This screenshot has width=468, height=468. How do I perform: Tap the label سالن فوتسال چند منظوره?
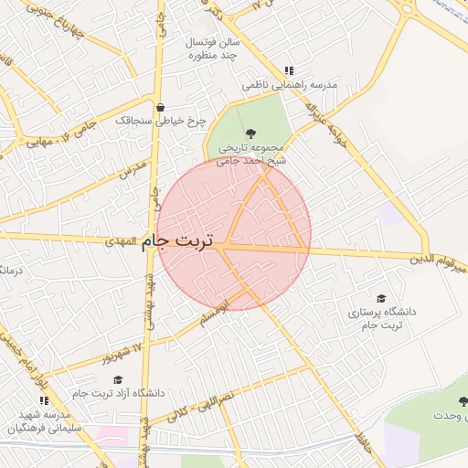coord(213,49)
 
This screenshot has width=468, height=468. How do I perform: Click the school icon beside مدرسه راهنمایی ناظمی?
coord(289,70)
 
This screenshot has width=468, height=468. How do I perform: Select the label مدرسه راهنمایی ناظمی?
coord(290,85)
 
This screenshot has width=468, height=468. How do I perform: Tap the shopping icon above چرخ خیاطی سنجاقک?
coord(160,106)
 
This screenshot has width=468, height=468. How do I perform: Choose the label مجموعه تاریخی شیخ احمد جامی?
coord(251,154)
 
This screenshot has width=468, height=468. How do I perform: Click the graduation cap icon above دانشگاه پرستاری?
coord(381,298)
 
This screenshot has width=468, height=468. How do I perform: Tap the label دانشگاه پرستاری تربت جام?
coord(381,318)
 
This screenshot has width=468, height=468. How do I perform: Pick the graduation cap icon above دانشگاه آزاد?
coord(117,379)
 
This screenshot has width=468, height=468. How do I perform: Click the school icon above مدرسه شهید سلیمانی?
coord(45,400)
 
